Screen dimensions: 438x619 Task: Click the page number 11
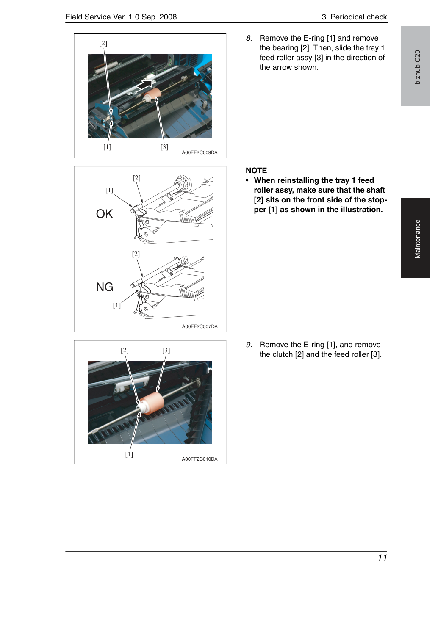pyautogui.click(x=383, y=558)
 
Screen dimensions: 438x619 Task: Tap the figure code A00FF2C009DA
pyautogui.click(x=200, y=152)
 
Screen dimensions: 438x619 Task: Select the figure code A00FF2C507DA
pyautogui.click(x=200, y=326)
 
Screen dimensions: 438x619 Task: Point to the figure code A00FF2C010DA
pyautogui.click(x=200, y=459)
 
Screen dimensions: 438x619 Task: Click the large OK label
pyautogui.click(x=104, y=214)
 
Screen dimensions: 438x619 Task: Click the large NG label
pyautogui.click(x=105, y=287)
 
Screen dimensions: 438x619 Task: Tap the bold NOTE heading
pyautogui.click(x=256, y=171)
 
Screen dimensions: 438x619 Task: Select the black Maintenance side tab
pyautogui.click(x=415, y=238)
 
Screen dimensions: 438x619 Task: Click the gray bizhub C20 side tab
pyautogui.click(x=415, y=66)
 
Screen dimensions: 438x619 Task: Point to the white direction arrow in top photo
pyautogui.click(x=145, y=84)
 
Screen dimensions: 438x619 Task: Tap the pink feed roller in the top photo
pyautogui.click(x=152, y=95)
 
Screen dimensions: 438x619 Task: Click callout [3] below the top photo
pyautogui.click(x=164, y=147)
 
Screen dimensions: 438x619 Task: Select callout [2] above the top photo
pyautogui.click(x=103, y=43)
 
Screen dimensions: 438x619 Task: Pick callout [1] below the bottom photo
pyautogui.click(x=129, y=454)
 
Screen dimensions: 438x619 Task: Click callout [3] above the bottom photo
pyautogui.click(x=166, y=350)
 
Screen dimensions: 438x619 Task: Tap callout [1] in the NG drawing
pyautogui.click(x=116, y=305)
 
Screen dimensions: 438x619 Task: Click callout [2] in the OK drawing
pyautogui.click(x=136, y=178)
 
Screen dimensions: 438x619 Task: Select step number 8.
pyautogui.click(x=249, y=38)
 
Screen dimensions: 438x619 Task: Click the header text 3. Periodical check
pyautogui.click(x=354, y=17)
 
